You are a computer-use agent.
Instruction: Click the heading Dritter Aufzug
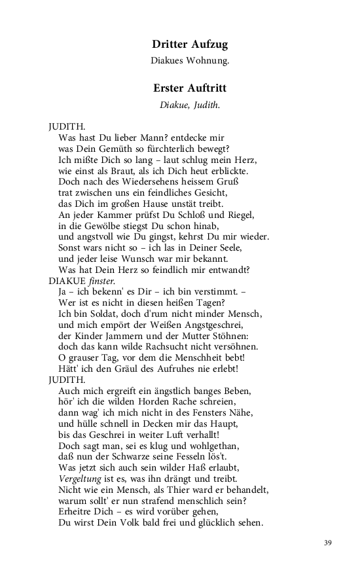tap(190, 45)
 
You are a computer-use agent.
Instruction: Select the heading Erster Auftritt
tap(190, 88)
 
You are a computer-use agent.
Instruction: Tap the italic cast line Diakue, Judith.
tap(190, 105)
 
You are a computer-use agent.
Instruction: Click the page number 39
tap(329, 543)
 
